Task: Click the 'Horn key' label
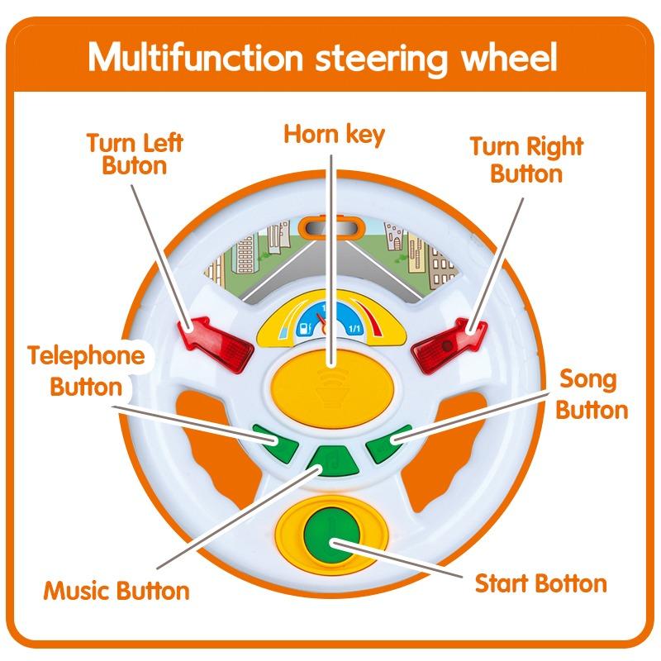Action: point(334,135)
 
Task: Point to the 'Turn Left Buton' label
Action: point(134,154)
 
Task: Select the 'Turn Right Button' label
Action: point(526,160)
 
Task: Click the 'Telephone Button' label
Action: point(86,371)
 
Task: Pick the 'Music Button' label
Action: point(117,592)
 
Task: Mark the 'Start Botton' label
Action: point(540,584)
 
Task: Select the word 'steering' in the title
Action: point(388,59)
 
